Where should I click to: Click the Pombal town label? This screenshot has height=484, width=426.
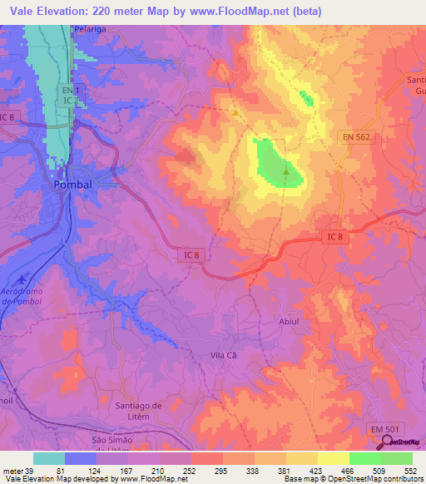pyautogui.click(x=72, y=185)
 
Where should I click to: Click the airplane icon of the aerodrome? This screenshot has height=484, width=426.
pyautogui.click(x=21, y=277)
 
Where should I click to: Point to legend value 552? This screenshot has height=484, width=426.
pyautogui.click(x=410, y=470)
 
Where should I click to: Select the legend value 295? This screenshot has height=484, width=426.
pyautogui.click(x=220, y=470)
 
